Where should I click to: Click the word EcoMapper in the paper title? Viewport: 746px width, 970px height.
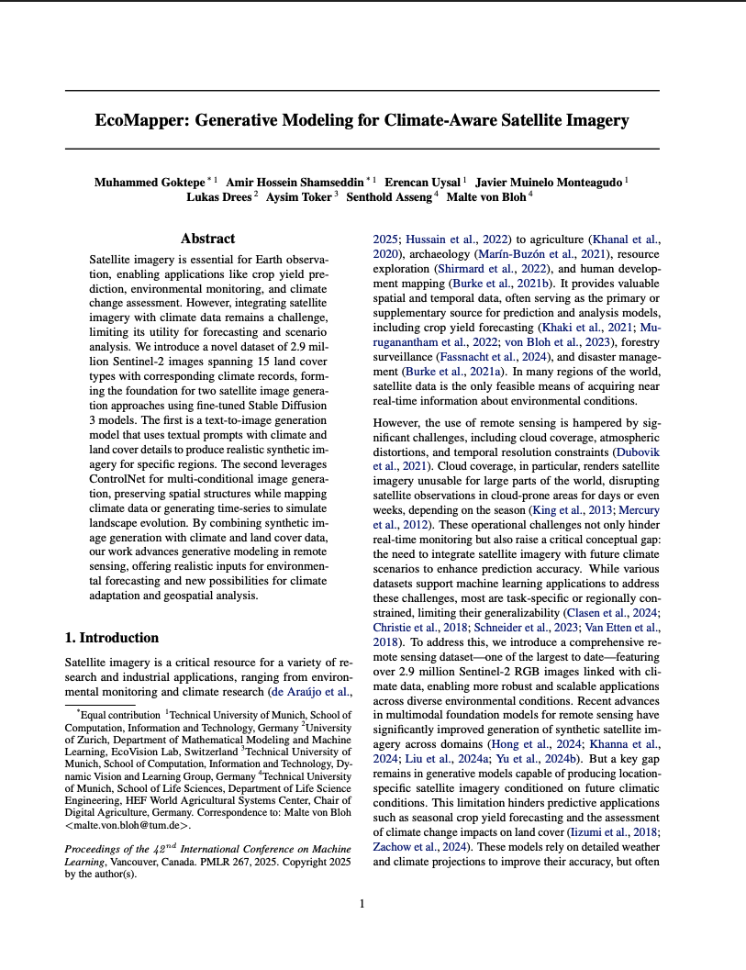143,120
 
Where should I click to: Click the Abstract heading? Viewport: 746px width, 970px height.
207,239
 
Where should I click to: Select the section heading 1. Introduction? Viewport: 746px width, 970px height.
111,638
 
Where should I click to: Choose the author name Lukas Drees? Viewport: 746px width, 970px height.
218,196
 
